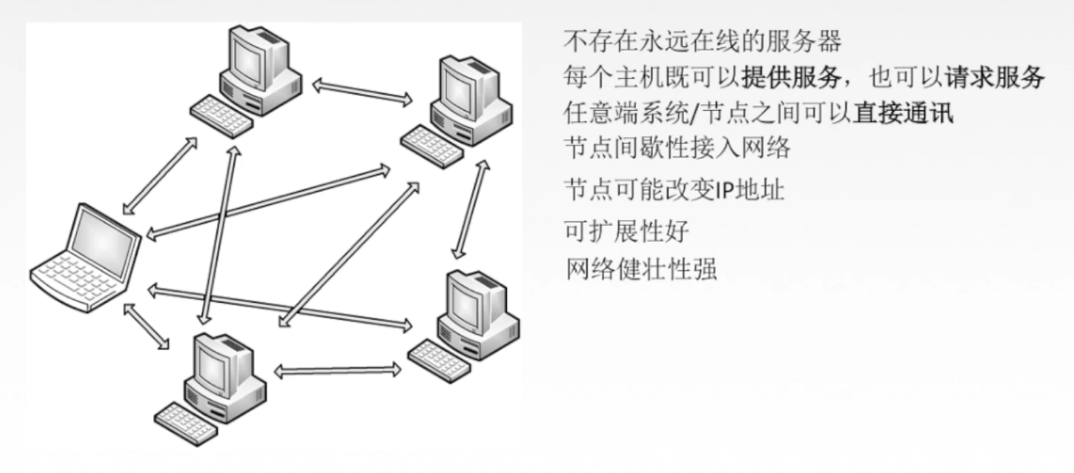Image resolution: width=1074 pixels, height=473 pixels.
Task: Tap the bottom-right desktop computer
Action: click(x=470, y=319)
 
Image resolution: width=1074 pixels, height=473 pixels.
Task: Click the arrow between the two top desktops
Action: click(x=363, y=92)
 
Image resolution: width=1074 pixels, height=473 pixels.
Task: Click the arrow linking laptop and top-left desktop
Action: click(x=161, y=175)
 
